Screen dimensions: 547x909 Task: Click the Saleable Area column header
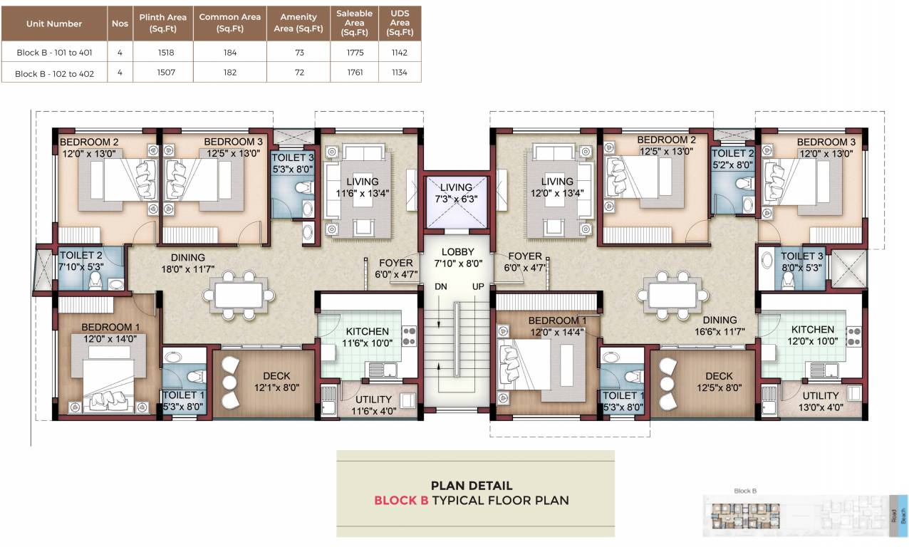354,23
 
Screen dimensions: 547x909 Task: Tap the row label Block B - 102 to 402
54,73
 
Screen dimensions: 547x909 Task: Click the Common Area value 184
229,52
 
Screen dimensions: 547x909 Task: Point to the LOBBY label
456,252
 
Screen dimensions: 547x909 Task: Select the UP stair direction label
477,286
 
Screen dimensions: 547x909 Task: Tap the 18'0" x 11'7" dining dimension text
188,269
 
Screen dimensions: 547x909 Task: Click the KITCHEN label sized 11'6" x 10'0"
368,331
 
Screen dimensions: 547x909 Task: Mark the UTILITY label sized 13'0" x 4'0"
821,396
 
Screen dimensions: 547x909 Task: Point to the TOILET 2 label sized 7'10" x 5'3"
81,256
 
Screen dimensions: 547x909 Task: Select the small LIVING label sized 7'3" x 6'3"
455,188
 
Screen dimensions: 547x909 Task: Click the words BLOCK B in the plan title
401,500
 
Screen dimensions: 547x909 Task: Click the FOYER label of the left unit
396,263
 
